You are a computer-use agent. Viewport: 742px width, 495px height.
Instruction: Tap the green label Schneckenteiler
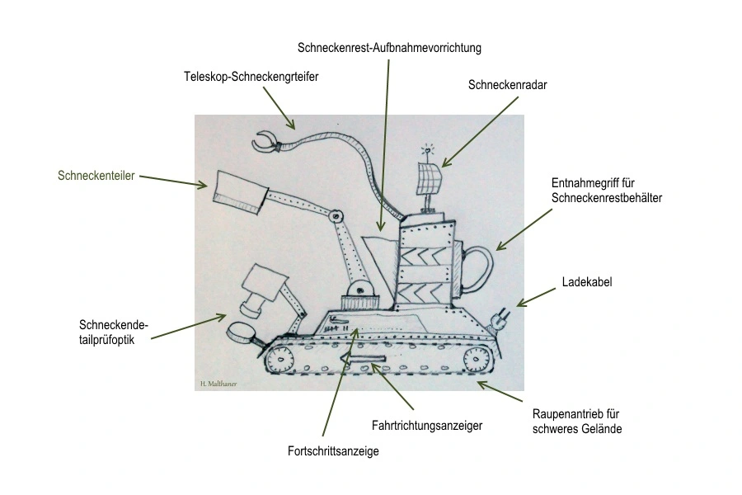[x=96, y=175]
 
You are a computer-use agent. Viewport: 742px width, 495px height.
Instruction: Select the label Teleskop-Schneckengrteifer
[x=251, y=77]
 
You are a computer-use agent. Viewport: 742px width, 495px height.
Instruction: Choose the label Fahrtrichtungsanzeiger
[x=426, y=426]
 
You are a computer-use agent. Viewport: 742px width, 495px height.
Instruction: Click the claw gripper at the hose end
[x=266, y=142]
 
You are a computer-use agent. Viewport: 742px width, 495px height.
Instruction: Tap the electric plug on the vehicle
[x=498, y=320]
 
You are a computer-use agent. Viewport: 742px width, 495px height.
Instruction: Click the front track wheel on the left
[x=280, y=360]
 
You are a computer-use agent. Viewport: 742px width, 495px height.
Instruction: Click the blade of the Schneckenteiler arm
[x=237, y=190]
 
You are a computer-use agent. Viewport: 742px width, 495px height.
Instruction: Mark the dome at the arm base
[x=359, y=289]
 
